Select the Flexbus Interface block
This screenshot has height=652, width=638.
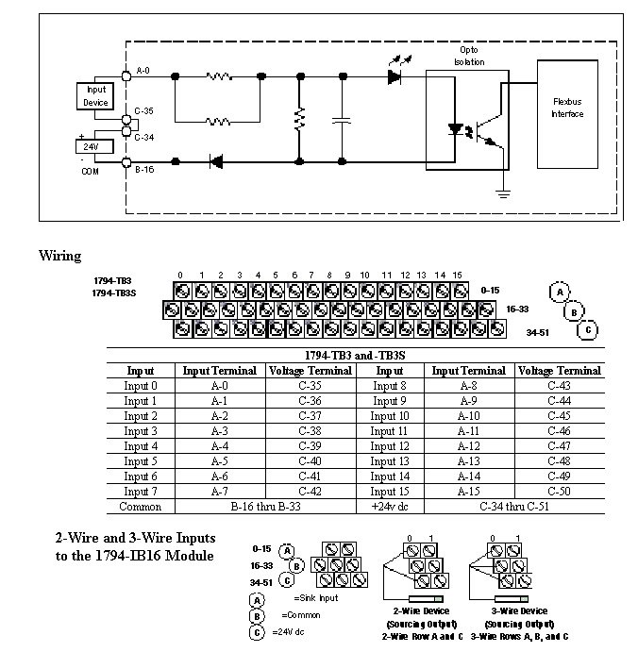click(x=568, y=109)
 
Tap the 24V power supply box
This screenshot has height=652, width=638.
click(x=92, y=146)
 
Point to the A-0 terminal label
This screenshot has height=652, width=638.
click(x=143, y=70)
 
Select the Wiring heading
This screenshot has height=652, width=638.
click(x=59, y=256)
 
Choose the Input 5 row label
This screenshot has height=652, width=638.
click(x=141, y=461)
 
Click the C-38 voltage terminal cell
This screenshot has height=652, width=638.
click(x=311, y=431)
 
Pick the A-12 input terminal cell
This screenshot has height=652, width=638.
click(x=470, y=446)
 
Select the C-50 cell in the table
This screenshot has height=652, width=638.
click(x=559, y=492)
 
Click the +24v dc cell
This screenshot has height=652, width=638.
click(x=389, y=507)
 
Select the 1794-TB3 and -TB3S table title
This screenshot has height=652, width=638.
click(x=354, y=355)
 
